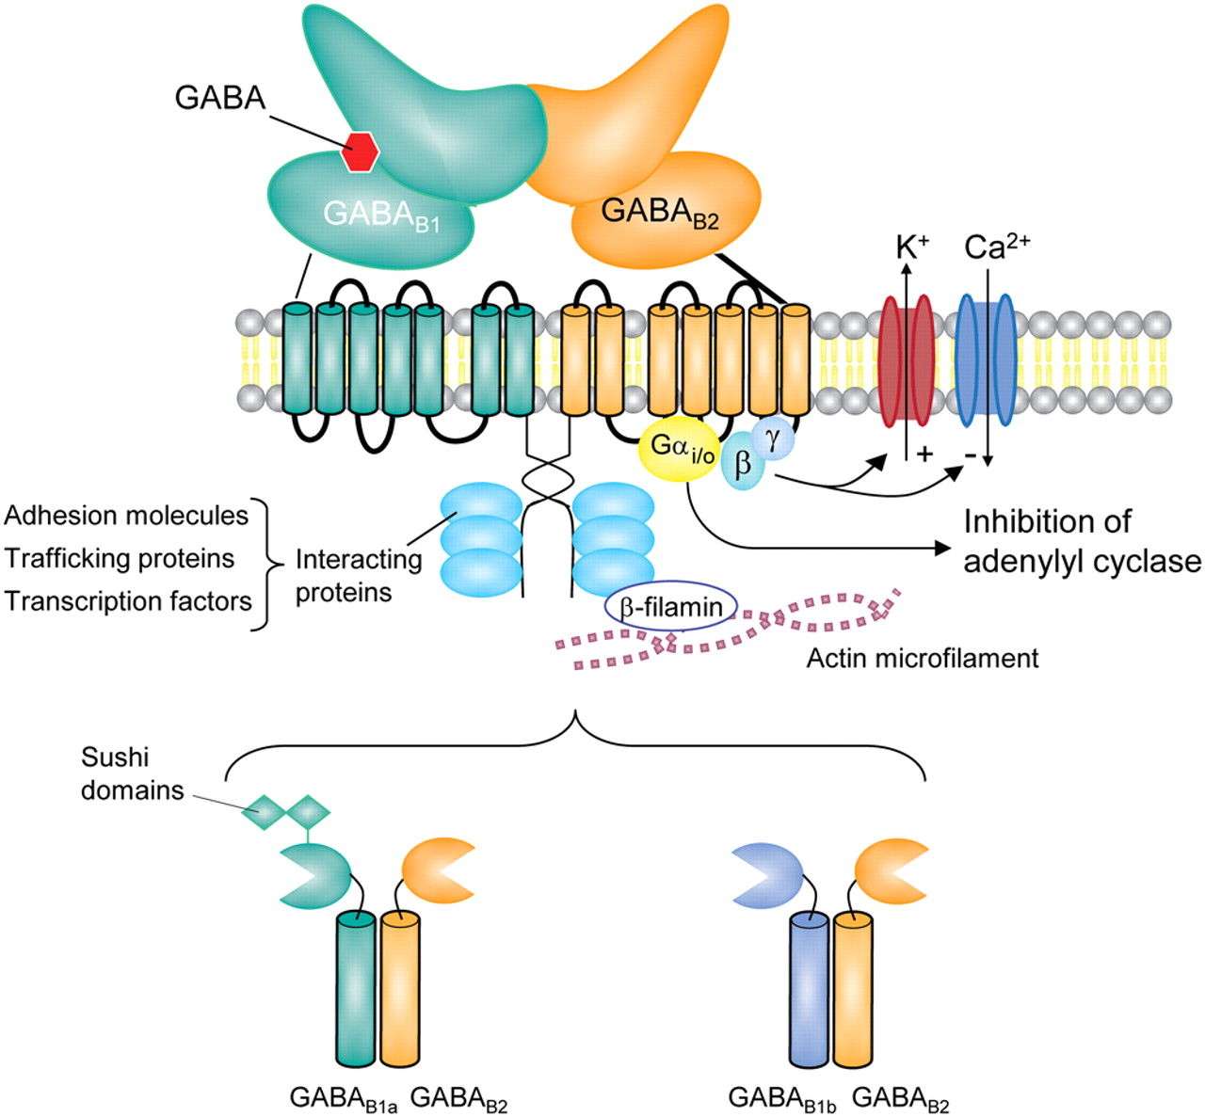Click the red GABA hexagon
[360, 152]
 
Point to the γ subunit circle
[773, 439]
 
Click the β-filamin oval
[670, 609]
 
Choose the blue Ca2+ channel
[986, 359]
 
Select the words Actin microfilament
[922, 658]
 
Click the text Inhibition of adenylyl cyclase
[1082, 541]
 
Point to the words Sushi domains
[132, 774]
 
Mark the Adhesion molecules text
[126, 516]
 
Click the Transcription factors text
[129, 600]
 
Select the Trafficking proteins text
[120, 558]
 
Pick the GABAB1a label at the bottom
[344, 1098]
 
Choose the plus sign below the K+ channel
[924, 455]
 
